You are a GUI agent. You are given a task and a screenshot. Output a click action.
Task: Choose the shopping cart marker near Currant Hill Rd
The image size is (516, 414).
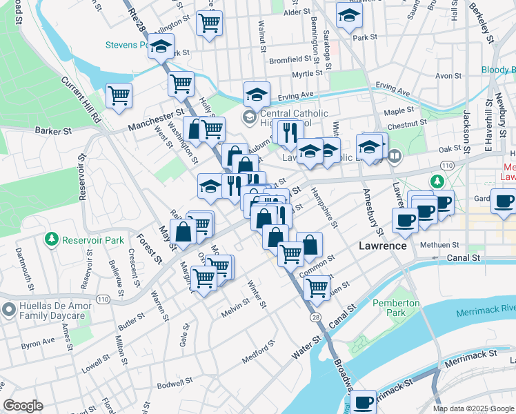(119, 95)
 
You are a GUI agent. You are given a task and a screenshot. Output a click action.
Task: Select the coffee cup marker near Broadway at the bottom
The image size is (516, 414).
(363, 401)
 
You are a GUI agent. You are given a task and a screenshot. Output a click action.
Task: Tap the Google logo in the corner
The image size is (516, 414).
(23, 406)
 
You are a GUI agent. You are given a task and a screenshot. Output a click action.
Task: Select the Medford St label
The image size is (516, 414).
(259, 352)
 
